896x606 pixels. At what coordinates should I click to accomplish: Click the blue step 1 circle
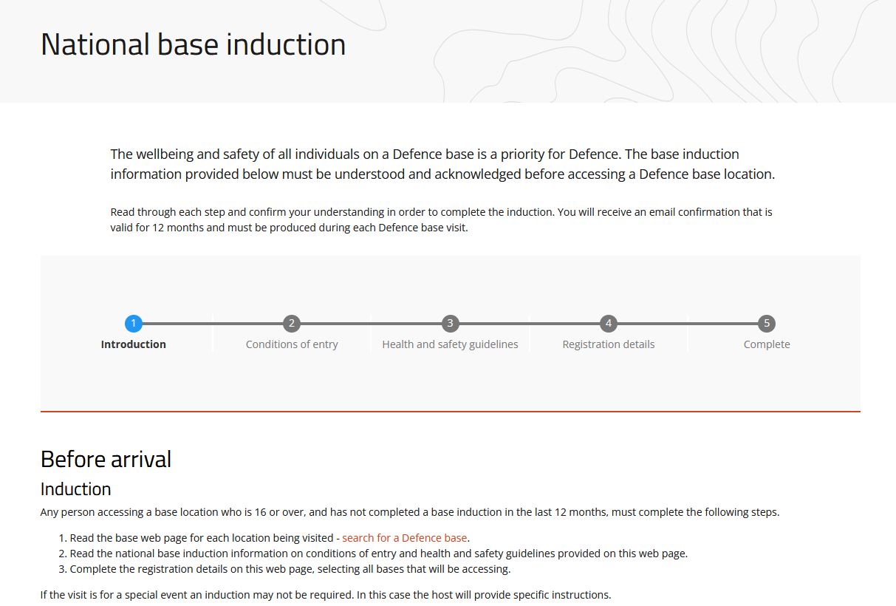[x=133, y=323]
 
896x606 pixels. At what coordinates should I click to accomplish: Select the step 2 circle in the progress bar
[x=292, y=323]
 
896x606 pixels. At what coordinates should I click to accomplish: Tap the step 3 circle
[x=450, y=323]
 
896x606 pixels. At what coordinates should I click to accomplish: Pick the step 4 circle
[x=609, y=323]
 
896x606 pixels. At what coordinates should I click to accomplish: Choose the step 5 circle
[x=767, y=323]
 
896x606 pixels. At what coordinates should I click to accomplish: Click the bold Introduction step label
[x=133, y=344]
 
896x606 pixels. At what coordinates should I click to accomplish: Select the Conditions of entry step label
[x=292, y=344]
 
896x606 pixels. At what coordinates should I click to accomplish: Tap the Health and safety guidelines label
[x=450, y=344]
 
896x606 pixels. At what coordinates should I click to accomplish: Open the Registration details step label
[x=609, y=344]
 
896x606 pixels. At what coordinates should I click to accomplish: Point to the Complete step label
[x=767, y=344]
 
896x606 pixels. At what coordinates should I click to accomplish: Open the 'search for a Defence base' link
[x=404, y=537]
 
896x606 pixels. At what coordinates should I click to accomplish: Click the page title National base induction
[x=194, y=44]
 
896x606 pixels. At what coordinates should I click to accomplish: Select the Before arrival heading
[x=106, y=459]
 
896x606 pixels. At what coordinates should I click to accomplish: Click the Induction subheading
[x=75, y=488]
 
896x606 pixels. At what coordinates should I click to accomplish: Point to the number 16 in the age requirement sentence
[x=261, y=512]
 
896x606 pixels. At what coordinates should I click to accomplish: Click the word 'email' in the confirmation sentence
[x=662, y=212]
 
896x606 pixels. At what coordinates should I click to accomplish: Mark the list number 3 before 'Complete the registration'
[x=62, y=569]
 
